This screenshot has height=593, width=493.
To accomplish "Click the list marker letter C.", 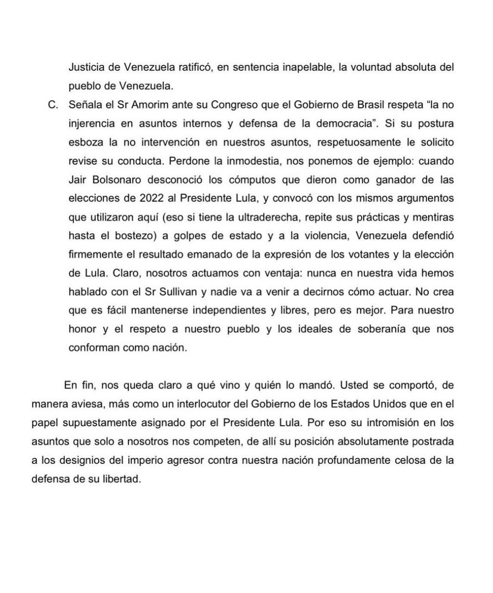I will [52, 105].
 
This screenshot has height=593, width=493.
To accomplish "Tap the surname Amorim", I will [150, 105].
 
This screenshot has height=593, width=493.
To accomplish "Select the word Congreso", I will [234, 105].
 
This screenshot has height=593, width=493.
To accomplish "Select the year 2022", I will [150, 198].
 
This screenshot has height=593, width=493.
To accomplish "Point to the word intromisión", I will [396, 423].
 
